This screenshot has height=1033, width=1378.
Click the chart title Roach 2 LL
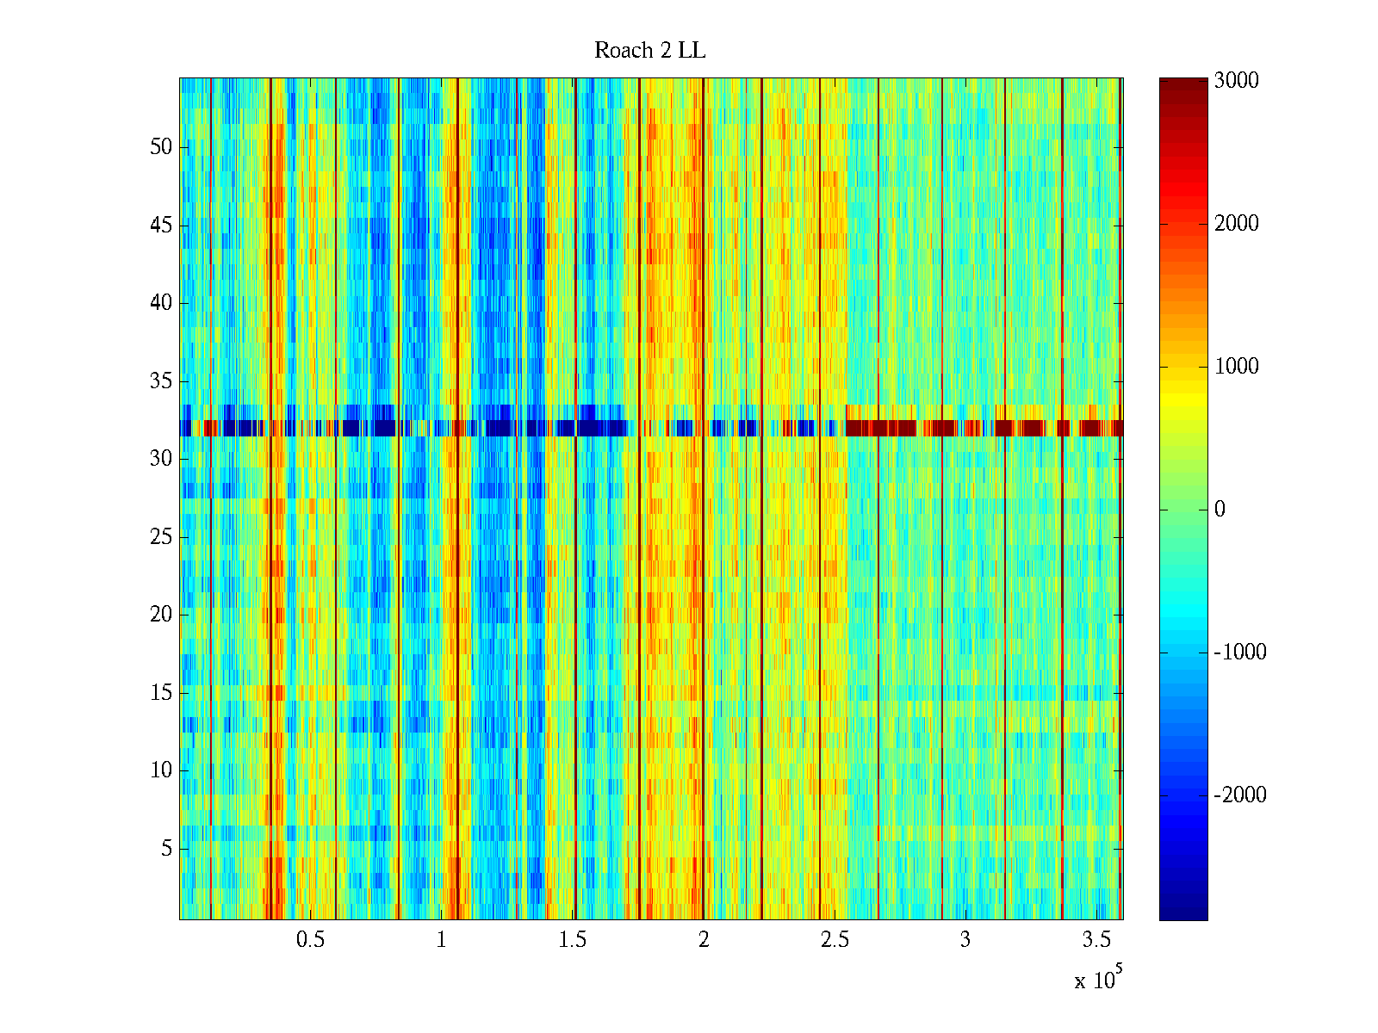(649, 51)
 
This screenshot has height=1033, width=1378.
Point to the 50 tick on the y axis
(161, 147)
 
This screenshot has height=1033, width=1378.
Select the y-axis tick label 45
(161, 226)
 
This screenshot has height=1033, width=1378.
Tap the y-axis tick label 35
(161, 381)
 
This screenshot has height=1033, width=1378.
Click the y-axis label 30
(161, 459)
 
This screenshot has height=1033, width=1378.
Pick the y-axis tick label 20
(161, 615)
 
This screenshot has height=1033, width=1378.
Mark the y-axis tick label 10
(161, 770)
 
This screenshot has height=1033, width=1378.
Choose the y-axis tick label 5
(166, 849)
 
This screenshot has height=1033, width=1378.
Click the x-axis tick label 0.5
(310, 940)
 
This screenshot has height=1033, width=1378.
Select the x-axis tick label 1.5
(573, 940)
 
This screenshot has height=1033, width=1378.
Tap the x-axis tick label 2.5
(835, 940)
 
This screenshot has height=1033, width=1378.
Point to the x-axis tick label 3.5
(1096, 940)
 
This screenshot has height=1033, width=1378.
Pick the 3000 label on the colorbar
(1236, 81)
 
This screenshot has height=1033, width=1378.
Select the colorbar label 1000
(1236, 367)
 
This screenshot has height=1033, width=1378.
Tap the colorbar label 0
(1220, 510)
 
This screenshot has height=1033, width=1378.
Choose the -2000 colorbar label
(1240, 795)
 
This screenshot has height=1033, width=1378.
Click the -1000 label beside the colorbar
(1240, 653)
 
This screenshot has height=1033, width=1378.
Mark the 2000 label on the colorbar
(1236, 224)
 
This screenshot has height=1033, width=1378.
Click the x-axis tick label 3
(965, 940)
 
